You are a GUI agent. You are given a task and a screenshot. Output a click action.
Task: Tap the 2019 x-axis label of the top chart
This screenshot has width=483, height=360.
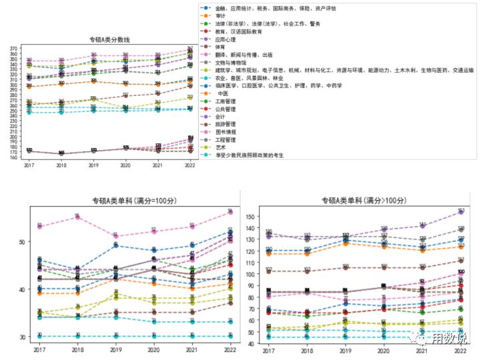click(x=93, y=165)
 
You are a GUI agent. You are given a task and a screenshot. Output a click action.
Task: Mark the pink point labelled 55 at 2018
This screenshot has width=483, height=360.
click(x=77, y=217)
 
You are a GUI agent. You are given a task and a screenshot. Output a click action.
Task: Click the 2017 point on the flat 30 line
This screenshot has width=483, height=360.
click(x=39, y=336)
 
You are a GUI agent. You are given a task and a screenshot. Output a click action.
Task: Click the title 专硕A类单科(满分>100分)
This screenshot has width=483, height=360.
click(x=361, y=200)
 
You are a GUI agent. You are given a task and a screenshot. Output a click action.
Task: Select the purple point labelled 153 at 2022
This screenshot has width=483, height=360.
click(x=460, y=212)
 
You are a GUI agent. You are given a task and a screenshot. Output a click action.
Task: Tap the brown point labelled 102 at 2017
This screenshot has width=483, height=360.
click(x=269, y=271)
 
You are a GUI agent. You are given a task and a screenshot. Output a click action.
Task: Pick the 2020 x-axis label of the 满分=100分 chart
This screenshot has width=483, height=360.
click(x=153, y=349)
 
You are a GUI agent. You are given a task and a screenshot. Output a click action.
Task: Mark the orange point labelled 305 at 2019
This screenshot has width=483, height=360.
click(x=93, y=81)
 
